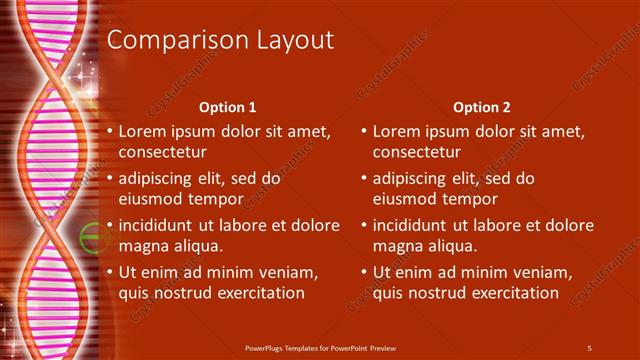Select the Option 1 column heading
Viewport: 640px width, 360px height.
coord(227,107)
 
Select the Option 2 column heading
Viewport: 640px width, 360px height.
coord(481,107)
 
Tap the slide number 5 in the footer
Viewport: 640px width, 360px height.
coord(589,347)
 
